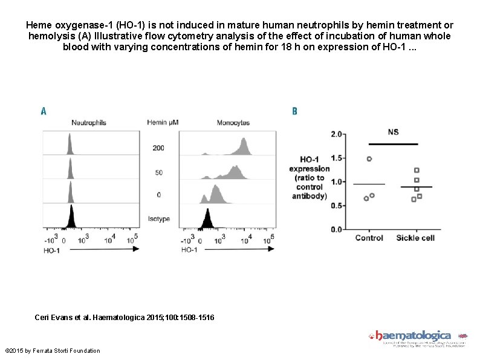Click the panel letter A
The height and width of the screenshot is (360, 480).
point(44,111)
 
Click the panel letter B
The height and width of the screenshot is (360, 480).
point(294,111)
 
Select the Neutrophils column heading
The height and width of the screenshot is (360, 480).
point(89,123)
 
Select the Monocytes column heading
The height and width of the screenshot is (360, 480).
point(233,123)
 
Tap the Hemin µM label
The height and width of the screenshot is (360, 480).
point(163,123)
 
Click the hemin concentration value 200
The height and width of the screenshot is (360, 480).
point(158,148)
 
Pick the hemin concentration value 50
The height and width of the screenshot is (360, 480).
point(158,172)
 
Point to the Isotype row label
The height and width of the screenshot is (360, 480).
point(158,219)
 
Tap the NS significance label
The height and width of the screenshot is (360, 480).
point(393,132)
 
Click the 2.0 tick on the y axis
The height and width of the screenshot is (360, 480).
point(336,134)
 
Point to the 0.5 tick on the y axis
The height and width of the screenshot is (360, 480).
point(336,206)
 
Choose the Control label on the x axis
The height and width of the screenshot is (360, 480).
point(369,238)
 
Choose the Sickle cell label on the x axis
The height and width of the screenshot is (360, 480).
point(415,238)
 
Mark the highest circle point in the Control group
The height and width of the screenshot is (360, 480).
point(369,159)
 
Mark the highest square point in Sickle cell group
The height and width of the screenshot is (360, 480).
point(417,170)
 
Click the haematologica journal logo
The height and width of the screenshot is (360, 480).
point(414,336)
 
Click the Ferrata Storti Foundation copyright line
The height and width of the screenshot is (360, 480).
point(53,351)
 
